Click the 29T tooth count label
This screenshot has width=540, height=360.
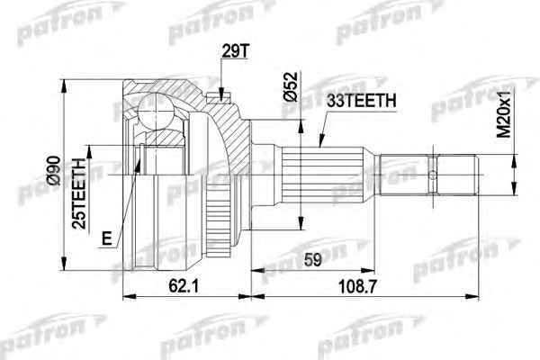(235, 51)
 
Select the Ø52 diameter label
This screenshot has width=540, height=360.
(291, 86)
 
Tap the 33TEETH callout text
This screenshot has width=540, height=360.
(361, 101)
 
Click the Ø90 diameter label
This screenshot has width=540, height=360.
(54, 170)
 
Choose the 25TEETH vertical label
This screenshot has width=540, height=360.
(79, 193)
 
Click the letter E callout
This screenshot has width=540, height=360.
(107, 238)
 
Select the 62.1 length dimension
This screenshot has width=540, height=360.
(184, 286)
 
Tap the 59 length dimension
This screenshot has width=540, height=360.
(312, 260)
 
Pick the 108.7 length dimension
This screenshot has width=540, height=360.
(358, 286)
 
